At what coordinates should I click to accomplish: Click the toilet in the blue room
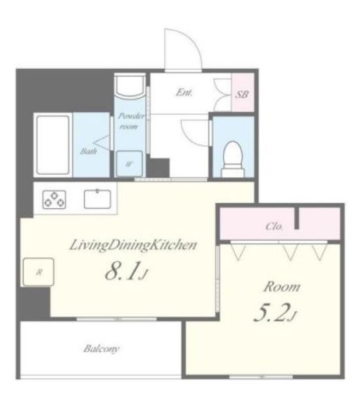(x=232, y=158)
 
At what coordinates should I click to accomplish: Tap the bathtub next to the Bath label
(x=53, y=145)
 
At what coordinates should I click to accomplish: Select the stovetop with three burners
(x=54, y=200)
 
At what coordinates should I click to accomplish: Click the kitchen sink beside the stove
(x=97, y=199)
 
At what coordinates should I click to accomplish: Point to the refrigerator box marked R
(x=39, y=272)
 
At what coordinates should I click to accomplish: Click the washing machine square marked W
(x=129, y=164)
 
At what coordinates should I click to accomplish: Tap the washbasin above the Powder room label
(x=130, y=86)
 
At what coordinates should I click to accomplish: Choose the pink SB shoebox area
(x=243, y=92)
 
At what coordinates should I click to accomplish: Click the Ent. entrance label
(x=184, y=92)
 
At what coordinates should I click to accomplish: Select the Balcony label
(x=101, y=349)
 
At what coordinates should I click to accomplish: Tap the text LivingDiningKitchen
(x=133, y=245)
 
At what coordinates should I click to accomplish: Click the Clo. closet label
(x=274, y=227)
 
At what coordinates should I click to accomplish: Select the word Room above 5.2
(x=281, y=287)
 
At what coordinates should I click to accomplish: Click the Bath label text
(x=89, y=151)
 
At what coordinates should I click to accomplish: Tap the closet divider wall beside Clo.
(x=297, y=218)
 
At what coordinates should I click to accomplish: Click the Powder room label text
(x=131, y=121)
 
